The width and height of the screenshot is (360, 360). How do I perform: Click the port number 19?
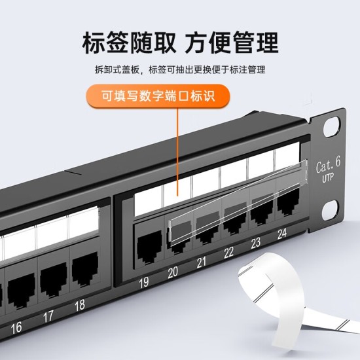[x=145, y=283]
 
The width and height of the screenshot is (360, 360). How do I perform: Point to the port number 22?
[x=229, y=252]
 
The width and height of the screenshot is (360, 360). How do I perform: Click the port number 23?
[x=256, y=242]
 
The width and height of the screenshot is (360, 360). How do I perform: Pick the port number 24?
[x=282, y=232]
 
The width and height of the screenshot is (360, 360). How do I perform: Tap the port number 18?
[x=80, y=305]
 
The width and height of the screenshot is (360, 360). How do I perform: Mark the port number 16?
[x=16, y=327]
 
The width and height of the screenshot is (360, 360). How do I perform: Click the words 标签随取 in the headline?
[x=129, y=43]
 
